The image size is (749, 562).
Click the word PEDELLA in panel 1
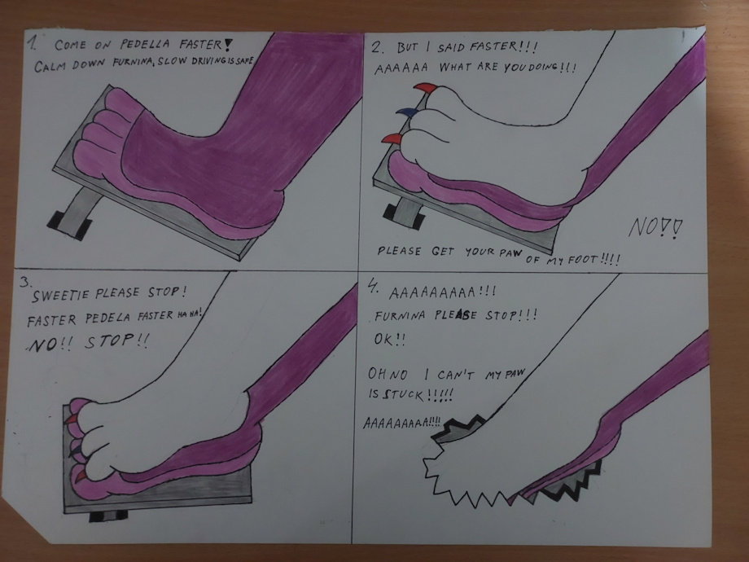[145, 45]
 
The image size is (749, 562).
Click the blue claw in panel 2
[407, 112]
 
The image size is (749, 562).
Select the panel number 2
[377, 47]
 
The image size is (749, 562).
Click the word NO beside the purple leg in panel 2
[643, 227]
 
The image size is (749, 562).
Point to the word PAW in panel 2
[511, 253]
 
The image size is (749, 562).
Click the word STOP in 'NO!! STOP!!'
[110, 341]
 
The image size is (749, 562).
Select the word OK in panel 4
[383, 340]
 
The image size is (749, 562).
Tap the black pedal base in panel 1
[68, 226]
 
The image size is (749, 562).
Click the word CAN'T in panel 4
[455, 375]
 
